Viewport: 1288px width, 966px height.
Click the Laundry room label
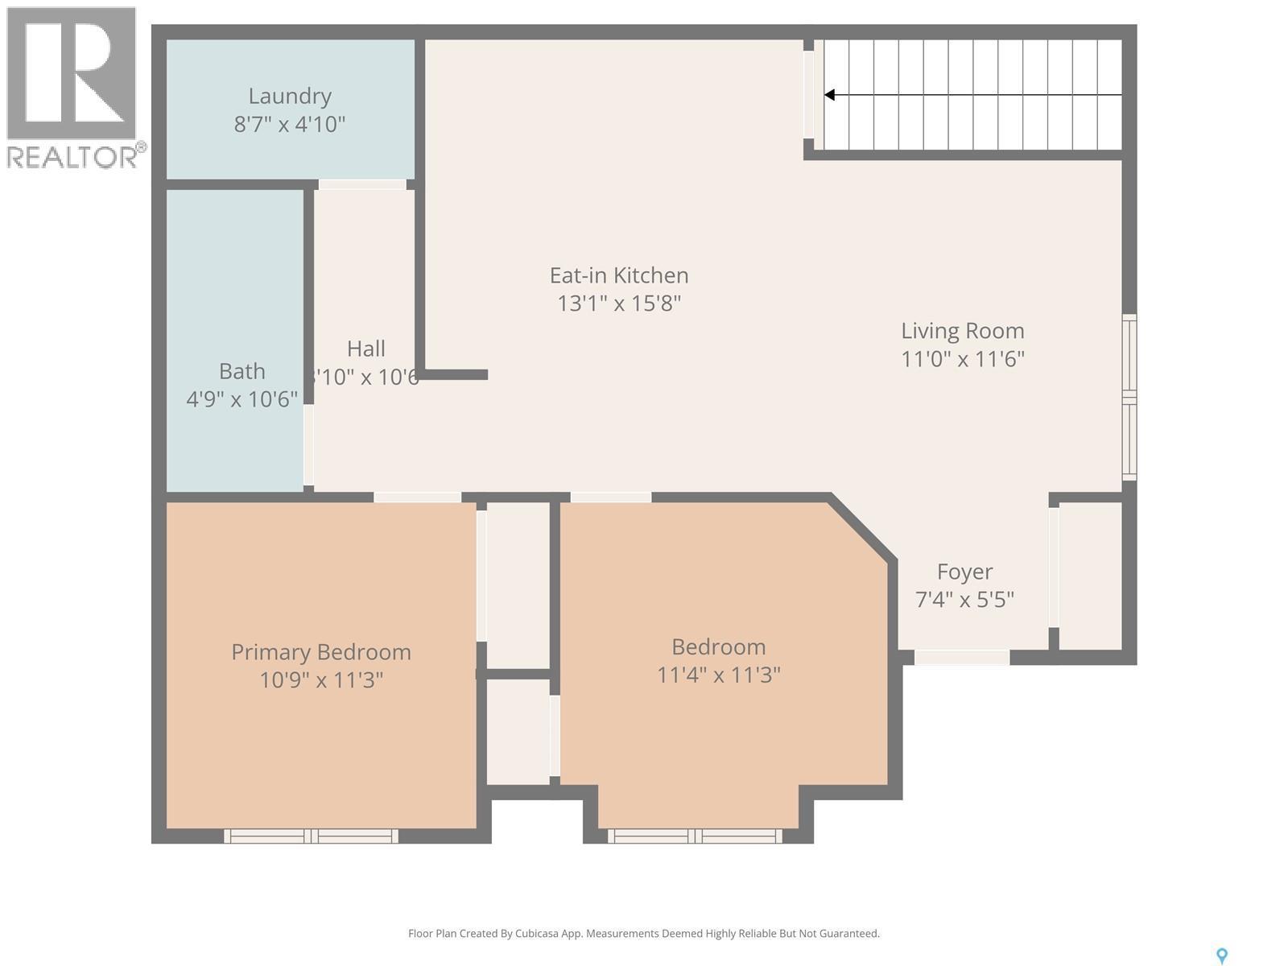(290, 96)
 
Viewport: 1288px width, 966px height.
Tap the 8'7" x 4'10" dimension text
(290, 125)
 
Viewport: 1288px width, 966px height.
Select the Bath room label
(242, 371)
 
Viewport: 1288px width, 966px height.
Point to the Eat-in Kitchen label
(618, 275)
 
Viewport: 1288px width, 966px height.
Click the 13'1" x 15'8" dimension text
(618, 303)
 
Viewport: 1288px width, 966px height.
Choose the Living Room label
(962, 331)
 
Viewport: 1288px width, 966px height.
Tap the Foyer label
(964, 572)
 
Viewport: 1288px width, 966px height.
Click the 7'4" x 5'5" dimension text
(964, 600)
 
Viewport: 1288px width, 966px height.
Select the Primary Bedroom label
(320, 652)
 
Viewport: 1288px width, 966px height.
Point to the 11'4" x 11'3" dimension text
(718, 675)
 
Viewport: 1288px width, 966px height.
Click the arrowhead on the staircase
(830, 95)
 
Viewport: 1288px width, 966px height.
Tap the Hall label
(365, 349)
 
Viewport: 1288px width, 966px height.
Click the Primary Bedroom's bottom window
(311, 836)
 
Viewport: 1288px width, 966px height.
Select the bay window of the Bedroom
(695, 836)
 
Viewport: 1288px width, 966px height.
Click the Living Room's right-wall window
(1129, 398)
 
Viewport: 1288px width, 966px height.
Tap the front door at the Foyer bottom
(962, 658)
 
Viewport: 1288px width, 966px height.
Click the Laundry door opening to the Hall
(362, 185)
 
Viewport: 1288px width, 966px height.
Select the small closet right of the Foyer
(1090, 576)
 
